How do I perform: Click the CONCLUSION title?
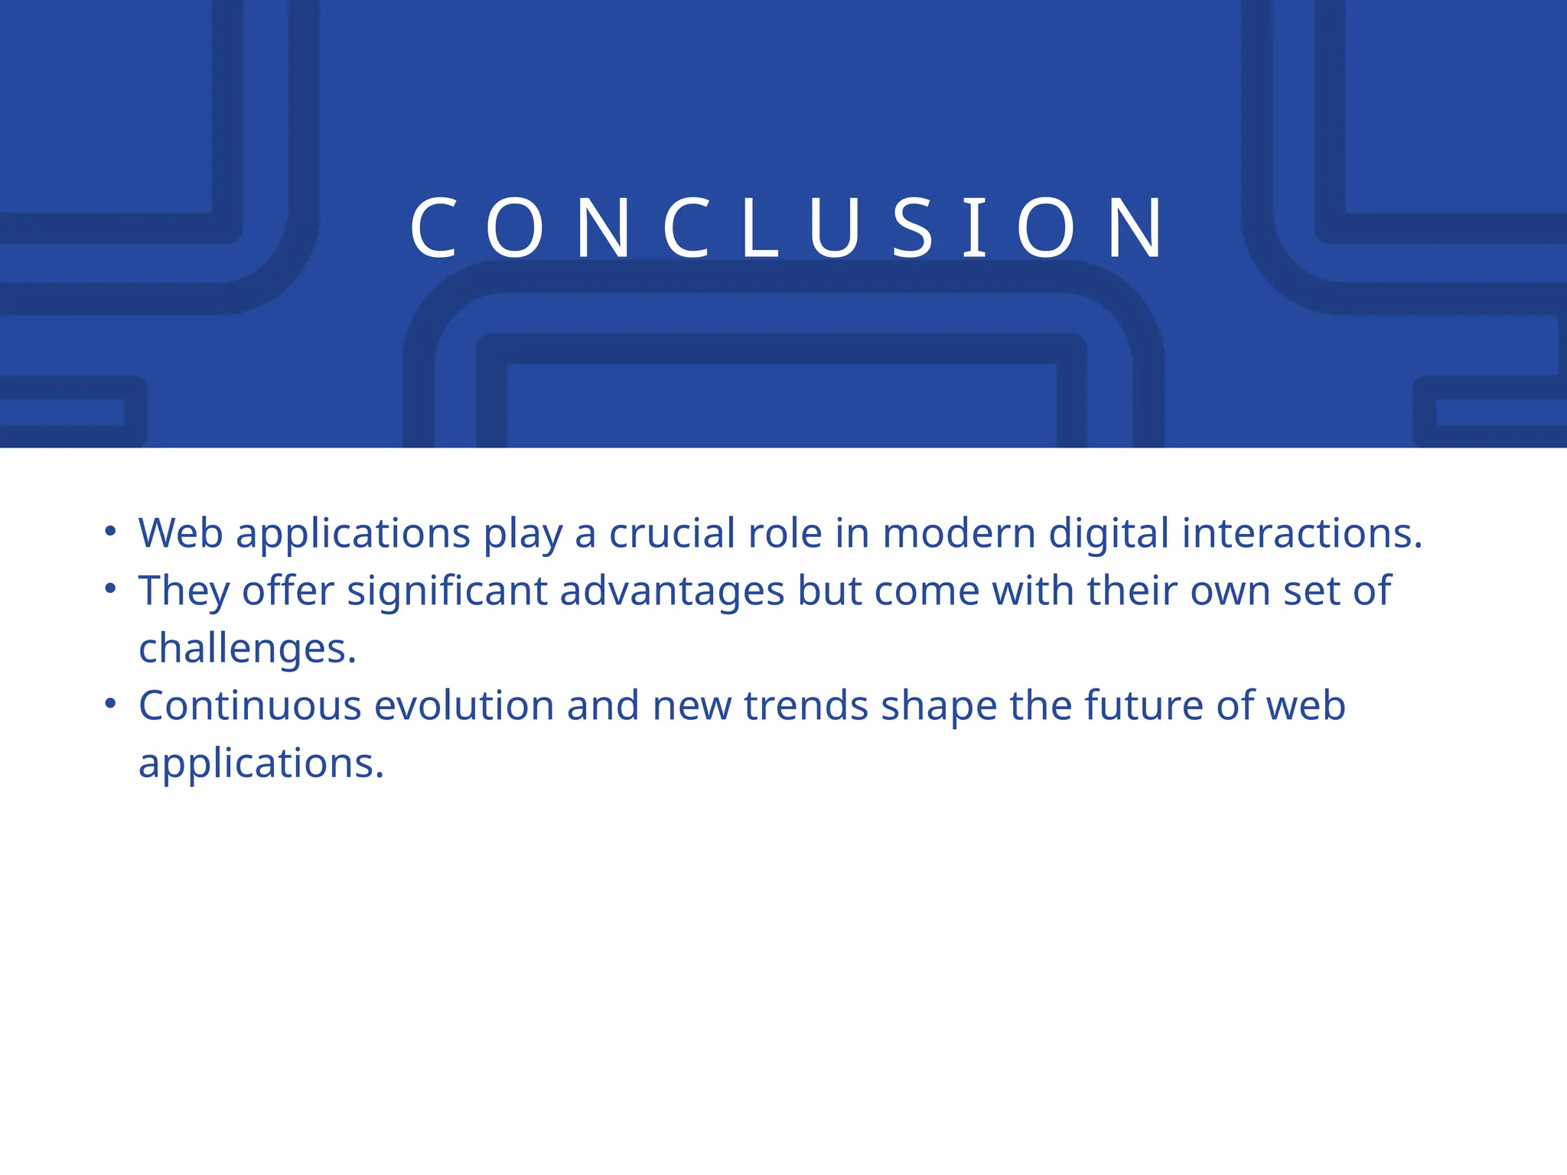tap(787, 228)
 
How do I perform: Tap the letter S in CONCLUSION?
tap(914, 228)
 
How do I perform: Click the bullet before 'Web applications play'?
tap(111, 530)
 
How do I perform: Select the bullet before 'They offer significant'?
tap(111, 588)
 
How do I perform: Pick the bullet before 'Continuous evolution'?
tap(111, 703)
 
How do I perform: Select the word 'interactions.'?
tap(1301, 532)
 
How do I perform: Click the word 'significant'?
tap(447, 591)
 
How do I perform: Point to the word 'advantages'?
tap(672, 591)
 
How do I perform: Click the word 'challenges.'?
tap(247, 649)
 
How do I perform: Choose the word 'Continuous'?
tap(249, 705)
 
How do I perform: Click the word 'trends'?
tap(806, 705)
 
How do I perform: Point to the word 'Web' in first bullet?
tap(181, 532)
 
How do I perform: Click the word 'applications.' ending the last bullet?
tap(261, 763)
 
